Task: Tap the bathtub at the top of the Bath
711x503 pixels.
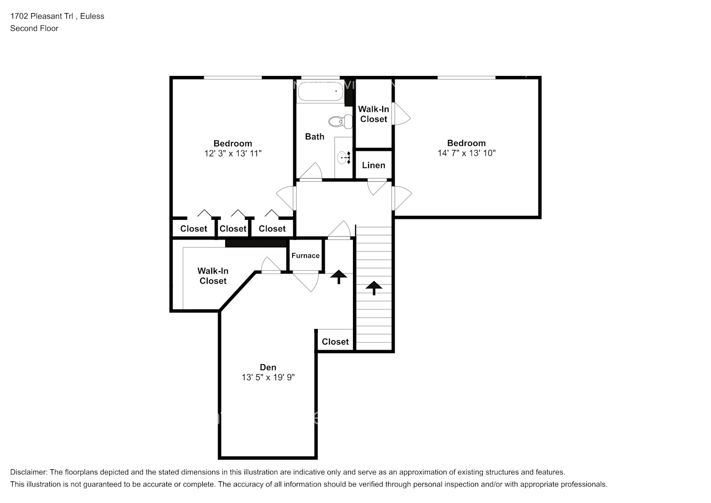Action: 320,92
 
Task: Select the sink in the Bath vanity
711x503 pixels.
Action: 345,158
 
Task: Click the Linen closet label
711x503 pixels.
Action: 374,165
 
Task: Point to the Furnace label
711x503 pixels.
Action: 305,256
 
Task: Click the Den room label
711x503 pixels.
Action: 268,367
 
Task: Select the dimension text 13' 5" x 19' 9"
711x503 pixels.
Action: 268,377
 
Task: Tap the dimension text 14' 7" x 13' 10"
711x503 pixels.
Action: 466,153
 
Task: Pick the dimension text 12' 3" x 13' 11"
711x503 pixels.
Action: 232,153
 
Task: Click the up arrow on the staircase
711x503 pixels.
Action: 374,288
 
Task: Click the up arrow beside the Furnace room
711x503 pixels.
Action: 338,277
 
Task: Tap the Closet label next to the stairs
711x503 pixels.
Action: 335,342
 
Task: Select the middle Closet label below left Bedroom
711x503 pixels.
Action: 233,228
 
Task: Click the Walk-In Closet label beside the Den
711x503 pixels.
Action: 213,276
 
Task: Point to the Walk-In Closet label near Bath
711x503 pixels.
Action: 374,114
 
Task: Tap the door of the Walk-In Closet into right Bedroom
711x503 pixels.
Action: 401,114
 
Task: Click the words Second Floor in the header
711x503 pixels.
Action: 34,28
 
